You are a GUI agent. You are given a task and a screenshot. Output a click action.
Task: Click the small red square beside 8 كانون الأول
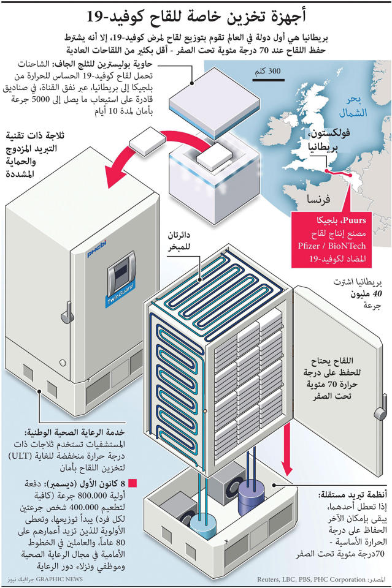point(133,484)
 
